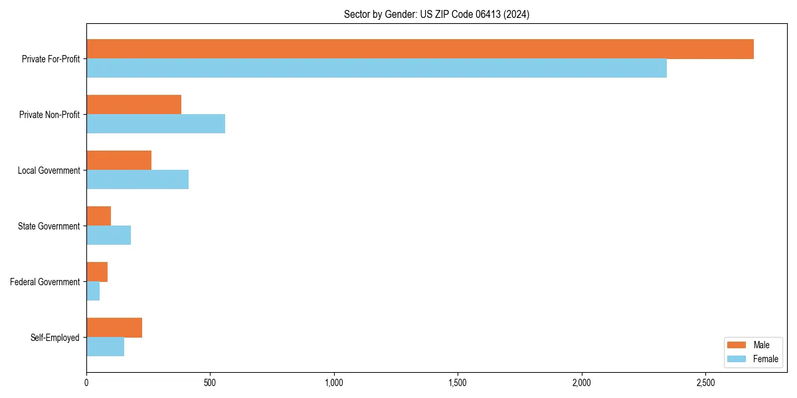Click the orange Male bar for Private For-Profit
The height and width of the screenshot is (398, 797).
420,49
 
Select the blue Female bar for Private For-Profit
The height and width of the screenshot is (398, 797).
377,68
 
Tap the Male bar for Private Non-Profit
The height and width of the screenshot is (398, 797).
133,105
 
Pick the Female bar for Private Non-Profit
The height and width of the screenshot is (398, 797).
155,124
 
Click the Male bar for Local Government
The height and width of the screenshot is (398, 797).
119,161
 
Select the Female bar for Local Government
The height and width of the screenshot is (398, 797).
137,180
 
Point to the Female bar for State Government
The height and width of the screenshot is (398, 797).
108,235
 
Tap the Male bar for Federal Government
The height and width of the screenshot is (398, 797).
97,272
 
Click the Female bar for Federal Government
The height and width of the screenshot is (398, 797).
93,291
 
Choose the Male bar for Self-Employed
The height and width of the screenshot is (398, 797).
114,328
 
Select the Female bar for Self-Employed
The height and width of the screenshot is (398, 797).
105,347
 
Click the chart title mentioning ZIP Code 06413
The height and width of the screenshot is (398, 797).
436,15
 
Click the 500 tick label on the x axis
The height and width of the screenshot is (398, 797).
210,383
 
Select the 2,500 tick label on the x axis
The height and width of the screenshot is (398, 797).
705,383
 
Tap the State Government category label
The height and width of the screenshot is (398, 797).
48,226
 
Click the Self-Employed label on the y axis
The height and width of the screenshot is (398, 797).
54,338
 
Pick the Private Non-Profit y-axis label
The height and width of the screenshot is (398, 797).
49,115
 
